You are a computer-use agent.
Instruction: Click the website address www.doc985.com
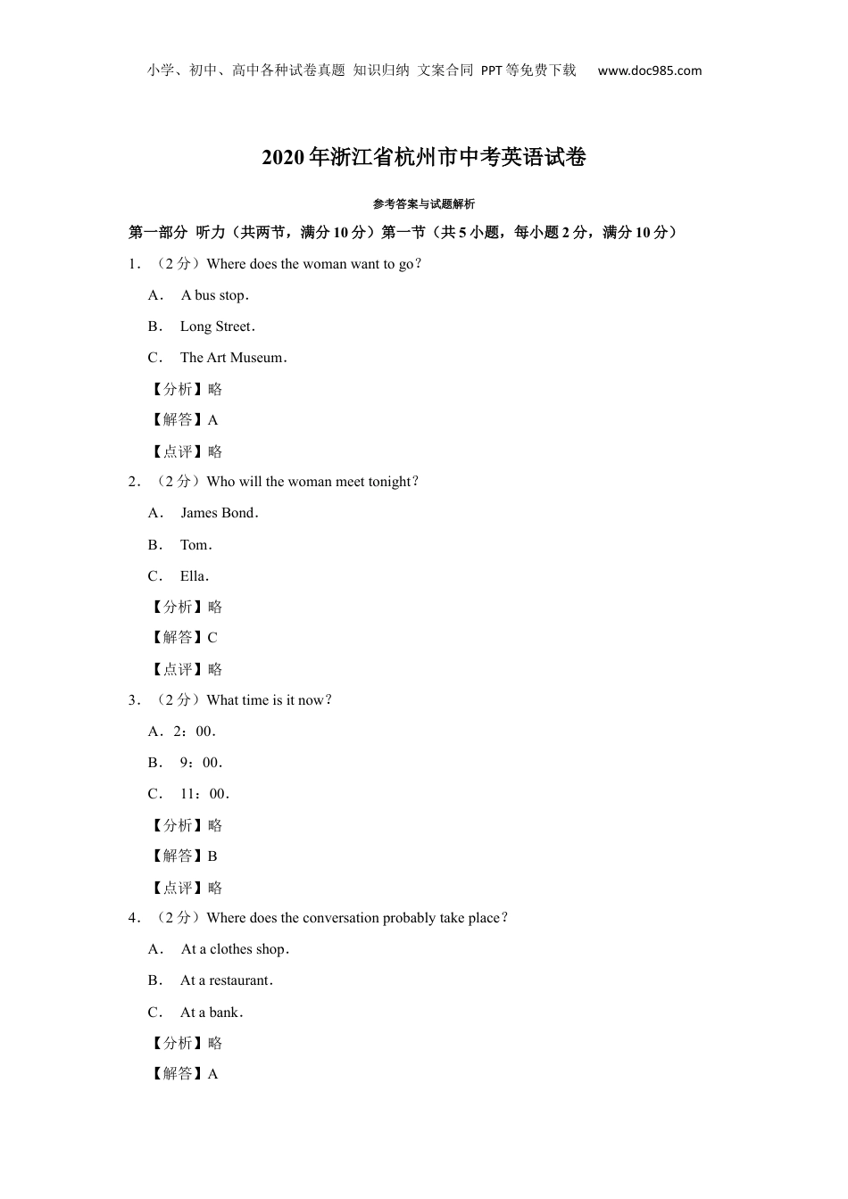click(x=649, y=71)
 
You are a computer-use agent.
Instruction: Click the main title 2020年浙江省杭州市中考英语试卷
click(x=424, y=158)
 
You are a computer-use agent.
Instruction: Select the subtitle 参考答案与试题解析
click(x=424, y=204)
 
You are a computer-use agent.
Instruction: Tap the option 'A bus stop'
click(x=214, y=295)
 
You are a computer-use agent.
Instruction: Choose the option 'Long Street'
click(x=217, y=327)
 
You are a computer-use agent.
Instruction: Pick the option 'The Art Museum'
click(x=233, y=358)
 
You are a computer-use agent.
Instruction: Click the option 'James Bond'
click(x=219, y=513)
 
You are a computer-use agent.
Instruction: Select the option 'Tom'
click(x=195, y=545)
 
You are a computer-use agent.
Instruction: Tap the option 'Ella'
click(x=194, y=576)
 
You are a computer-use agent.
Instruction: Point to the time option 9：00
click(x=201, y=763)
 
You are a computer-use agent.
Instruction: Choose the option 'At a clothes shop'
click(x=234, y=949)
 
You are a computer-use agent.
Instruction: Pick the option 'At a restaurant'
click(x=226, y=980)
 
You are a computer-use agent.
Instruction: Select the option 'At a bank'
click(x=212, y=1013)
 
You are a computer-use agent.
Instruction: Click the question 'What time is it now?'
click(x=269, y=700)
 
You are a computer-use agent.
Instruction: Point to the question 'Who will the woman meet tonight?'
click(x=312, y=482)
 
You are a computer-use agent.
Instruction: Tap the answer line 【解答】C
click(x=184, y=638)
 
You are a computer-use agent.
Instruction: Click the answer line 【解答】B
click(x=184, y=856)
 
